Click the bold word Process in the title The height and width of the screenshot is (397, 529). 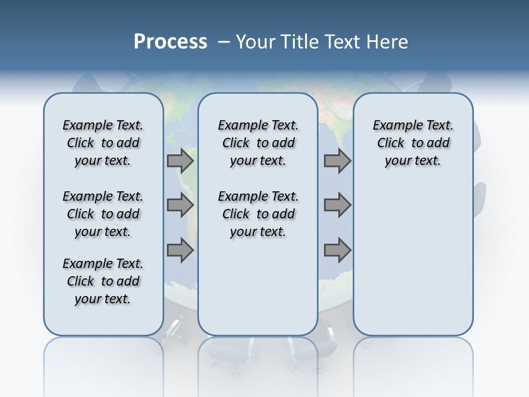(x=170, y=42)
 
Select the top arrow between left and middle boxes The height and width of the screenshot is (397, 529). (x=180, y=161)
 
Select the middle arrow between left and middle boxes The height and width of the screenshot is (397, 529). (x=180, y=205)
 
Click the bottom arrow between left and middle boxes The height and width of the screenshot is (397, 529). (x=180, y=250)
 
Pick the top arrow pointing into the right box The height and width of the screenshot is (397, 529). (x=337, y=161)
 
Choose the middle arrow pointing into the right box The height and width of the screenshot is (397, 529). (x=337, y=205)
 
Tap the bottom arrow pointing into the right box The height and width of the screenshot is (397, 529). (x=337, y=250)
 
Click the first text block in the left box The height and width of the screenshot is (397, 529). (x=103, y=143)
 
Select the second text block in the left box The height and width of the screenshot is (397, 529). (x=103, y=214)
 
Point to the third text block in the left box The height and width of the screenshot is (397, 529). (x=103, y=281)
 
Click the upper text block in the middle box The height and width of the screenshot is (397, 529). (x=258, y=143)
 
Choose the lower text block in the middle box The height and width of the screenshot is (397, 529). (x=258, y=214)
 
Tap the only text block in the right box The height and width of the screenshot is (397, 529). (x=413, y=143)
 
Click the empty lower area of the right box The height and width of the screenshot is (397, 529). (x=413, y=259)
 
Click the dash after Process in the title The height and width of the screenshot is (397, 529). (x=224, y=42)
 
